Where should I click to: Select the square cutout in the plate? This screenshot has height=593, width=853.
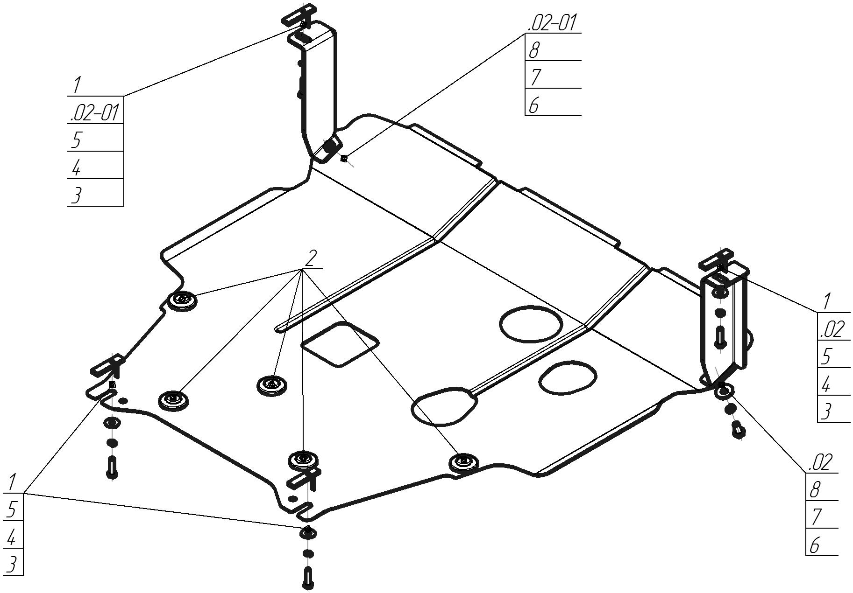pos(340,344)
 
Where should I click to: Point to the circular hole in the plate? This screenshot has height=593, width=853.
pos(531,323)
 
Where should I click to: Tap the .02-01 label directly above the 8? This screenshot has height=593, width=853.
pos(552,22)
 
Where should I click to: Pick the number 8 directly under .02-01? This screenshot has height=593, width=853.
pos(534,50)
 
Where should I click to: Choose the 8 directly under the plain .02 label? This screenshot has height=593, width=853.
pos(815,490)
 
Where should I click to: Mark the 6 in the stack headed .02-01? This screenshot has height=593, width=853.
pos(533,105)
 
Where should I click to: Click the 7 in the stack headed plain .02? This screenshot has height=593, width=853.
pos(816,517)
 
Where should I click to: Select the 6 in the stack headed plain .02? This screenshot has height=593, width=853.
pos(815,545)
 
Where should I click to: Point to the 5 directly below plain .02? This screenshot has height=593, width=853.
pos(826,357)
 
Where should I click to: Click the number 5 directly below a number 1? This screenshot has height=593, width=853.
pos(11,509)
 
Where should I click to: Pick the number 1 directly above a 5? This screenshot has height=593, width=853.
pos(12,482)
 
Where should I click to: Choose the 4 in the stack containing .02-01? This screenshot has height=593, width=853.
pos(76,167)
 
